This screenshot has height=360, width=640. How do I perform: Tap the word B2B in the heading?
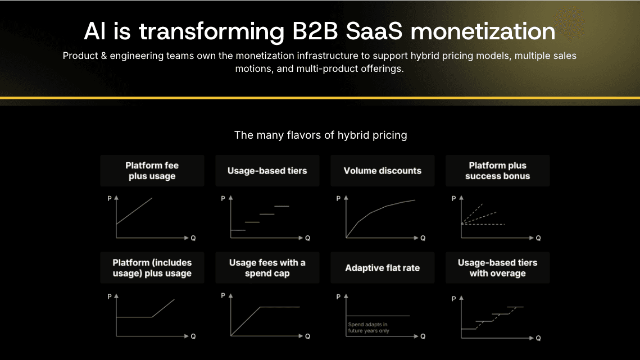point(315,31)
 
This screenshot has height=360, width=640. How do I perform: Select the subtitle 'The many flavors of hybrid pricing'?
point(320,135)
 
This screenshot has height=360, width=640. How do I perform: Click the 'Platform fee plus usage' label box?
point(152,171)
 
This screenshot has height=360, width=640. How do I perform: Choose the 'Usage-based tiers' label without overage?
point(267,171)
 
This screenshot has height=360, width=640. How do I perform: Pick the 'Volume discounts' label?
point(383,171)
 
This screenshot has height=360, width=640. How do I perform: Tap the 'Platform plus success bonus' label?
point(497,171)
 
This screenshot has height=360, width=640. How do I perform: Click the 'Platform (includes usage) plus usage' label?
point(152,268)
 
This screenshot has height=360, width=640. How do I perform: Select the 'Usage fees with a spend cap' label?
point(267,268)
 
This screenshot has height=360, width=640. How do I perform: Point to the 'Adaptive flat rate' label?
point(383,268)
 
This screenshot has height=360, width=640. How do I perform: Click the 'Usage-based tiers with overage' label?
point(497,268)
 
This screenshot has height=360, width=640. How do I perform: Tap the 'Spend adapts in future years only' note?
point(369,328)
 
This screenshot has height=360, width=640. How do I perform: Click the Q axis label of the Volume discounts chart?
point(423,238)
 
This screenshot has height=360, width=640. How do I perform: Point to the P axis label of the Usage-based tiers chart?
point(223,198)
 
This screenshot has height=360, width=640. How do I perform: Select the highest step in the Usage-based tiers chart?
point(282,206)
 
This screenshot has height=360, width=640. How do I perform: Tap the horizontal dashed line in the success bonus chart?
point(483,224)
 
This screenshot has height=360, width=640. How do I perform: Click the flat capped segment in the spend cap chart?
point(280,307)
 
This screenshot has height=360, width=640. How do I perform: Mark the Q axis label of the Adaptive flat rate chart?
point(423,336)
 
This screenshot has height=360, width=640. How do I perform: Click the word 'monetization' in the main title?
point(483,31)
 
